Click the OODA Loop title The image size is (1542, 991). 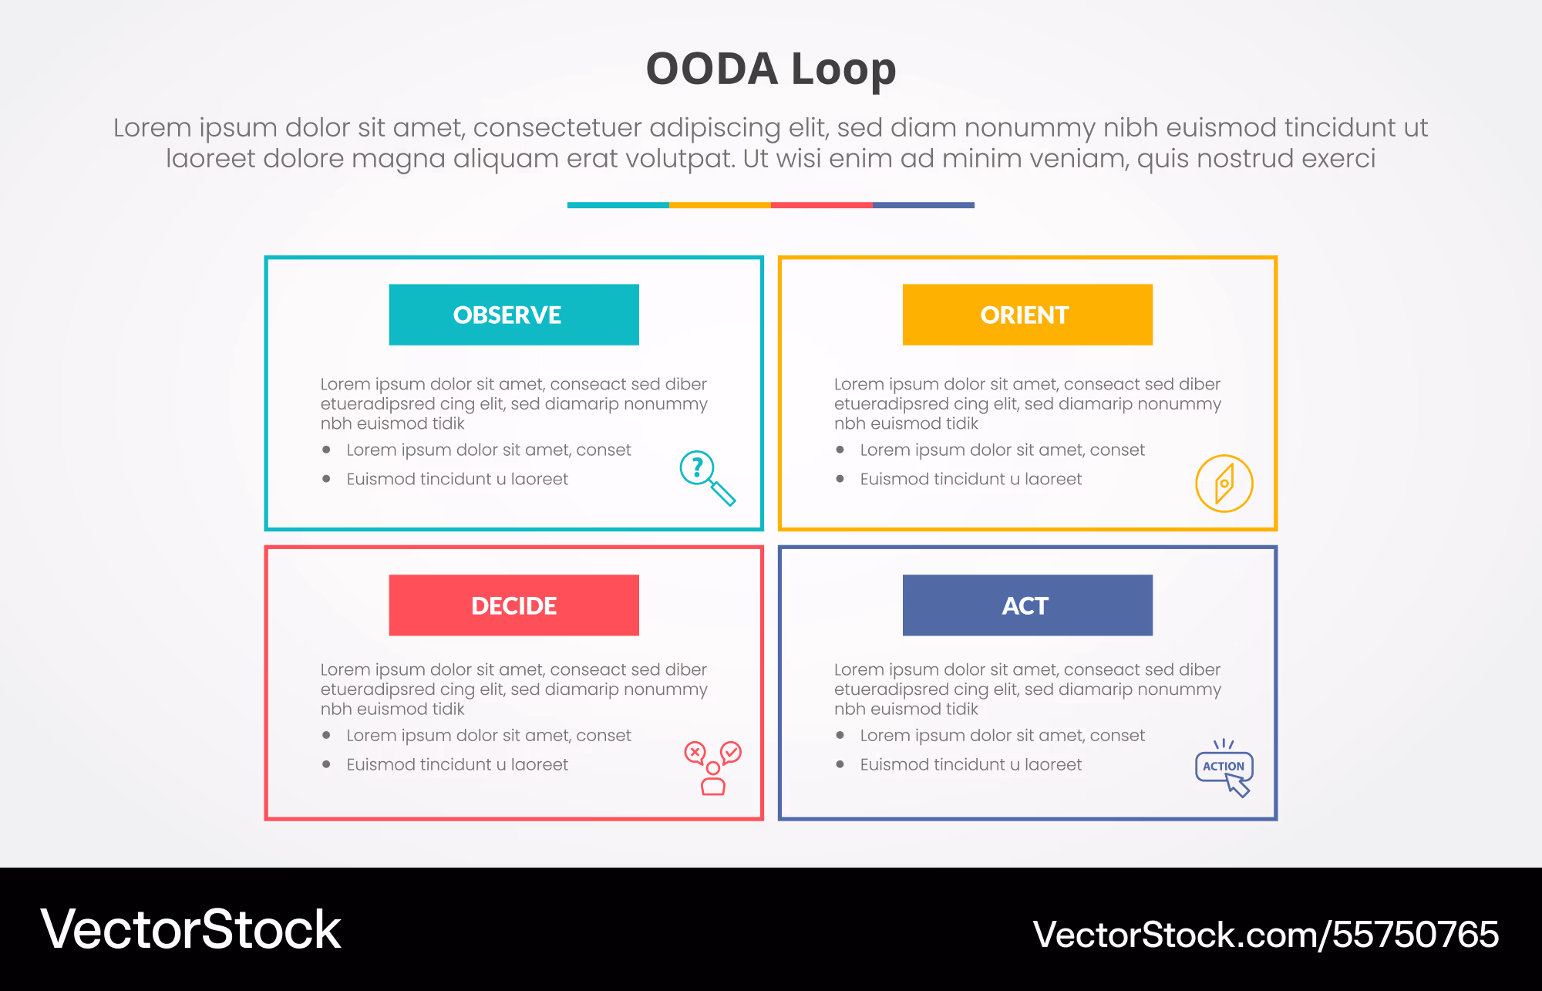(x=771, y=69)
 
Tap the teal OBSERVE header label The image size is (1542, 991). (x=513, y=315)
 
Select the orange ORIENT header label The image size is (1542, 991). (x=1028, y=315)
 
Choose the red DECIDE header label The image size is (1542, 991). (x=513, y=605)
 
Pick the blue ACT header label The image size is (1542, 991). (x=1028, y=605)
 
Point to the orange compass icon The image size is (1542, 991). (x=1224, y=484)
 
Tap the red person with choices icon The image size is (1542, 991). (x=713, y=768)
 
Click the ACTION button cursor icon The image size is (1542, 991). (x=1224, y=768)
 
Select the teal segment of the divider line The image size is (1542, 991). (x=618, y=205)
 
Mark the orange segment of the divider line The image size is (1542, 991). (x=720, y=205)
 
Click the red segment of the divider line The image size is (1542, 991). (x=822, y=205)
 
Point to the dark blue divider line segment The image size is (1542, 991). (x=924, y=205)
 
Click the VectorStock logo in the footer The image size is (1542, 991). (x=190, y=929)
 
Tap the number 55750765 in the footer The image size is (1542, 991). (x=1416, y=935)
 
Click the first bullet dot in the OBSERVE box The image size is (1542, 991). (x=327, y=450)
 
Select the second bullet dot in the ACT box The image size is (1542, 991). (x=840, y=764)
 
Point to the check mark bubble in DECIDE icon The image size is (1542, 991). (x=731, y=753)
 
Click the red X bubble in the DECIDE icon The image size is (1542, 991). (x=695, y=753)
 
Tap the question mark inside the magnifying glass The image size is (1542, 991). (x=698, y=467)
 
